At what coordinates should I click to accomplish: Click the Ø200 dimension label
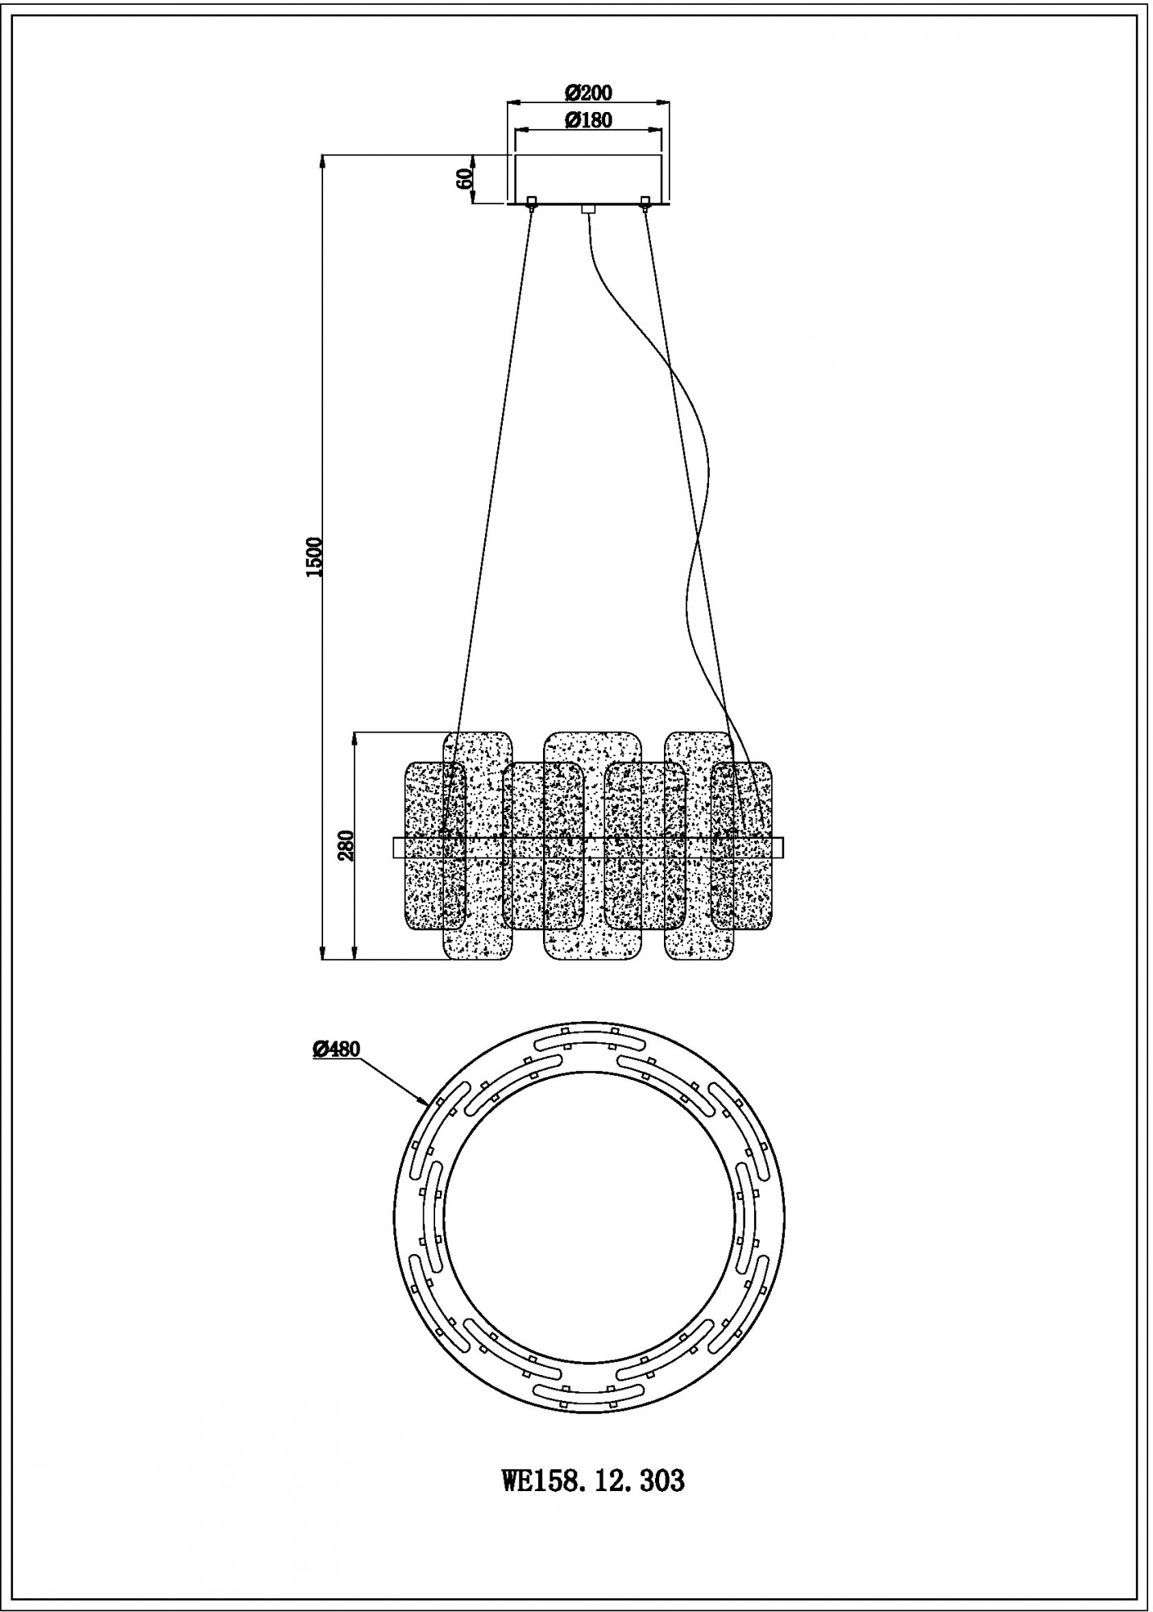[587, 91]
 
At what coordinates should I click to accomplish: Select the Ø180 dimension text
[587, 120]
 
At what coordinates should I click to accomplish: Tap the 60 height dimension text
[464, 179]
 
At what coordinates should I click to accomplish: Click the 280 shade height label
[346, 845]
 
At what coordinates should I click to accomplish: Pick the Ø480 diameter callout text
[336, 1048]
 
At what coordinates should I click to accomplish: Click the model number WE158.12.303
[593, 1480]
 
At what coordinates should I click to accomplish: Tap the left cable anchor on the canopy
[531, 201]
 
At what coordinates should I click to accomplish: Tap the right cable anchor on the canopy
[644, 201]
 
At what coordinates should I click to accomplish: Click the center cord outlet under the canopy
[587, 210]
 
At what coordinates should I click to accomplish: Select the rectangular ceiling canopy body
[588, 179]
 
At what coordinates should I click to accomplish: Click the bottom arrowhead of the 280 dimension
[355, 954]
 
